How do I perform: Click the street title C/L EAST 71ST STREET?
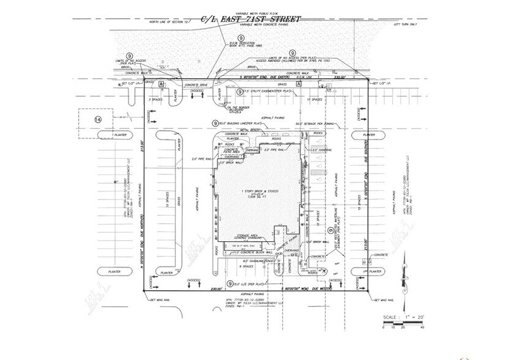click(x=251, y=19)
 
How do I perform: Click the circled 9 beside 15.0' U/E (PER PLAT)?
click(x=230, y=283)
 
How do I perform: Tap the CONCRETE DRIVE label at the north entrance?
click(x=196, y=88)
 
